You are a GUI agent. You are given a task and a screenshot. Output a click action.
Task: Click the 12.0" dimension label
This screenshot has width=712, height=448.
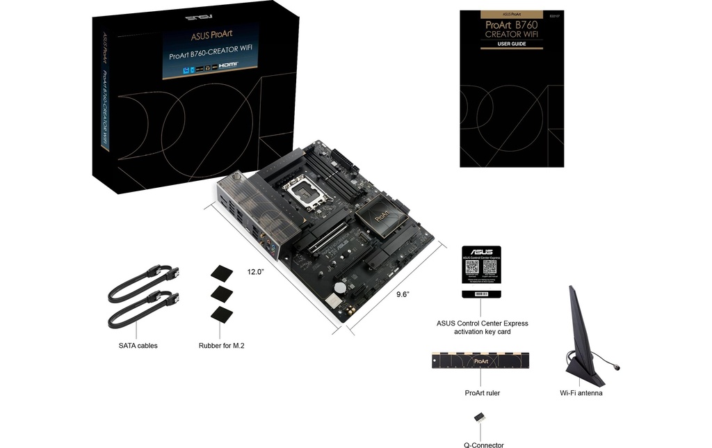(x=255, y=272)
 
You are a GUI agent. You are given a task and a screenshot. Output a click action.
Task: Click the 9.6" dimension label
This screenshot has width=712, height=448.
(x=403, y=294)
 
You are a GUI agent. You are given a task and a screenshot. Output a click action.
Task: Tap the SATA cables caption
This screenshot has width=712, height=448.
(x=138, y=346)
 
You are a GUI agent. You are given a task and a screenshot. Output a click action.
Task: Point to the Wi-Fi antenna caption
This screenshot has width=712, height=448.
(x=581, y=393)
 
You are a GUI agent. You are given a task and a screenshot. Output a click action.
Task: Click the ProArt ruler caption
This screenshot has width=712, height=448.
(x=482, y=393)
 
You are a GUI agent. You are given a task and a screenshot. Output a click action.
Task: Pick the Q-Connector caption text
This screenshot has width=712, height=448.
(x=483, y=443)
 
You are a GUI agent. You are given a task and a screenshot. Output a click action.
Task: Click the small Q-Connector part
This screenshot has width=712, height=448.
(x=480, y=417)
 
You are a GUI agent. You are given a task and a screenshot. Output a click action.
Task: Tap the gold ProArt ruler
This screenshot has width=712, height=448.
(x=482, y=360)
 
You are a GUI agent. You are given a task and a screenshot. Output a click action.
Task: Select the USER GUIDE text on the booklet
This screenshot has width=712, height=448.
(x=511, y=44)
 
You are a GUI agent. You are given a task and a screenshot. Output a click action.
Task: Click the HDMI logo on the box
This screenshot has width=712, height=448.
(x=229, y=65)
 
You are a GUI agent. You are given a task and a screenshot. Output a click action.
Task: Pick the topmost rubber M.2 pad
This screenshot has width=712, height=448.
(x=221, y=272)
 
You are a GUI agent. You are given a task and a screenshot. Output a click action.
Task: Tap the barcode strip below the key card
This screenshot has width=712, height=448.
(x=482, y=295)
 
